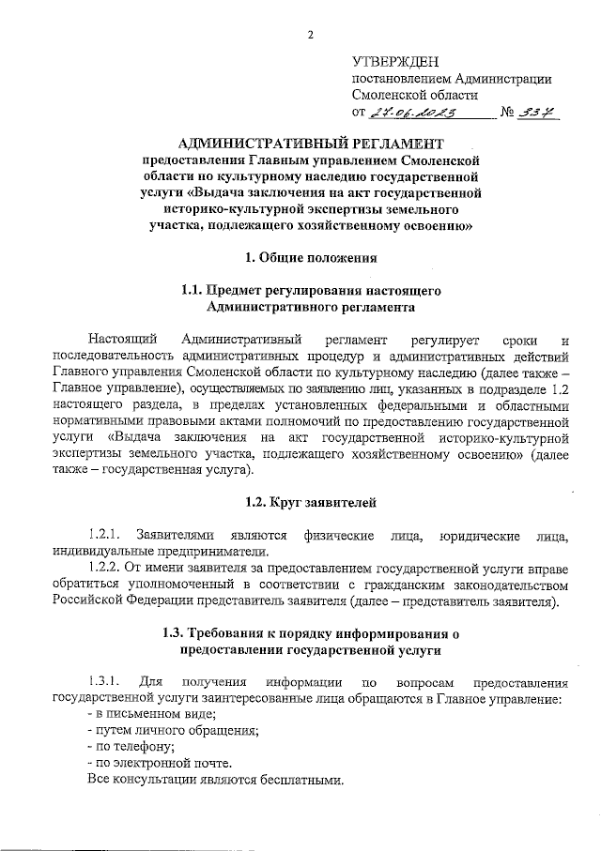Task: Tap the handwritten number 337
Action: (539, 114)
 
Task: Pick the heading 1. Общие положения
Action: (311, 257)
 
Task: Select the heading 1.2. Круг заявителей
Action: (311, 502)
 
